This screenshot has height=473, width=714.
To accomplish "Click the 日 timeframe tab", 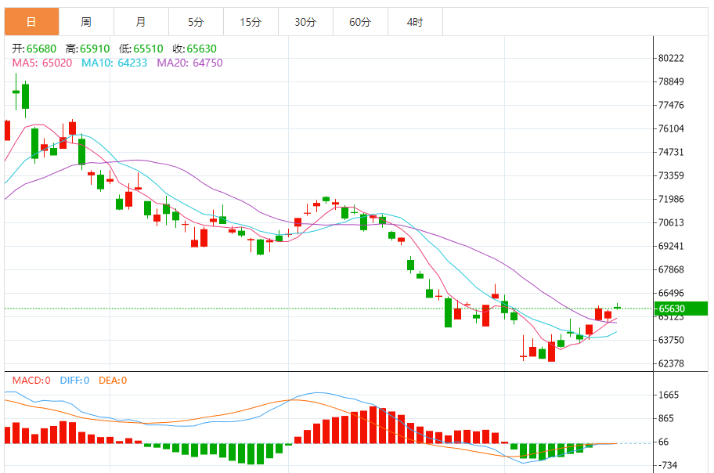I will (x=31, y=22).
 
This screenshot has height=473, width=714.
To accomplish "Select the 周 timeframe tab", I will (x=86, y=22).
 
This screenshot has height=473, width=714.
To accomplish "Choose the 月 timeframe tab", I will (x=140, y=22).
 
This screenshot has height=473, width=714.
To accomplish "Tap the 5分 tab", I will (x=196, y=22).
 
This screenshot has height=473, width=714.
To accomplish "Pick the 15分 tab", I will (x=251, y=22).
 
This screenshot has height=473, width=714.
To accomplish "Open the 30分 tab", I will (x=305, y=22).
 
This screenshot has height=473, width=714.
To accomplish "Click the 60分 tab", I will (x=360, y=22).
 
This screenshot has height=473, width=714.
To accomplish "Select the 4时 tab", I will (x=415, y=22).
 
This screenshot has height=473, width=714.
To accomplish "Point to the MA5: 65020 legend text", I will (x=42, y=63).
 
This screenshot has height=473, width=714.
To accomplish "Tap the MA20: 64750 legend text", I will (x=189, y=63).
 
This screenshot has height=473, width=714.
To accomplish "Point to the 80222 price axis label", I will (x=672, y=58).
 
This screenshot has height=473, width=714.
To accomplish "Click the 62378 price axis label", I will (x=672, y=363).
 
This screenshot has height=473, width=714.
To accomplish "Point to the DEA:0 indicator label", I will (x=113, y=381).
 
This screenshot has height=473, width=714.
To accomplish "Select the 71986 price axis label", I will (x=672, y=199).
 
